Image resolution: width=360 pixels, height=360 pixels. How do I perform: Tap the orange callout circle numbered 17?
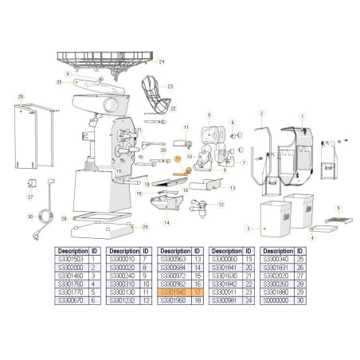pos(179,158)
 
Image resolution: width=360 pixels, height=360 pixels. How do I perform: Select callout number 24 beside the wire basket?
pos(162,61)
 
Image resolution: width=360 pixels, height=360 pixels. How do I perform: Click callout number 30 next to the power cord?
pos(29,216)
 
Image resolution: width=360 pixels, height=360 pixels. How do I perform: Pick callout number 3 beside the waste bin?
pos(248,229)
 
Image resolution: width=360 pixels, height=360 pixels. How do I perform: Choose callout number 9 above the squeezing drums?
pos(208,115)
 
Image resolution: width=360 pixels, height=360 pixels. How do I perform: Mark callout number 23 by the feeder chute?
pos(170,86)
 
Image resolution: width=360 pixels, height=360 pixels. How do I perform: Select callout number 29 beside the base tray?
pos(145,227)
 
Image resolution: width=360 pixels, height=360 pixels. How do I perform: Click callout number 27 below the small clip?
pos(29,197)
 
